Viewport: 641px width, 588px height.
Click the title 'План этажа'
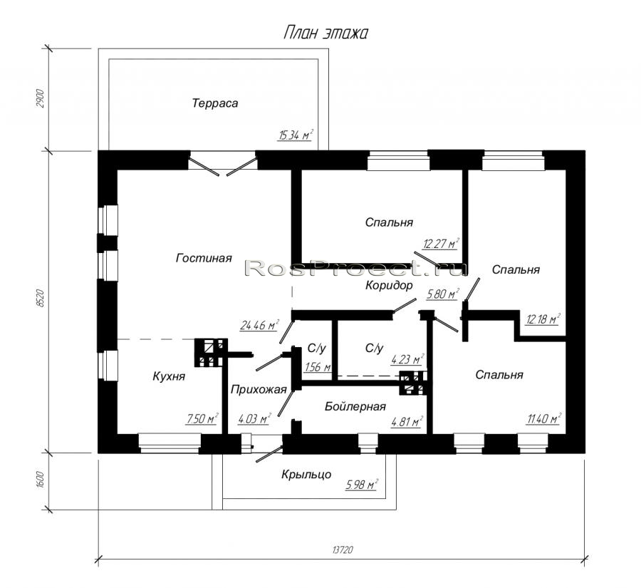(x=325, y=33)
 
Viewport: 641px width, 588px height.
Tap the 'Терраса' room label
(x=215, y=103)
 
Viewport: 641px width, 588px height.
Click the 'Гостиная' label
(x=204, y=258)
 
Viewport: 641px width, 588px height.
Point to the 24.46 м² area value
(x=259, y=325)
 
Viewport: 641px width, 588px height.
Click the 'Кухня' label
(x=169, y=376)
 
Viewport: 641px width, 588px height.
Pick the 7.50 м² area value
(x=202, y=418)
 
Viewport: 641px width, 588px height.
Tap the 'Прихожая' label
(x=259, y=390)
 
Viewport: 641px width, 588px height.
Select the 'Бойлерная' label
(x=355, y=406)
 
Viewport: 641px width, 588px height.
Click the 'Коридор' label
(x=389, y=285)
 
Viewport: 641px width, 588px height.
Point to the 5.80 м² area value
(x=443, y=294)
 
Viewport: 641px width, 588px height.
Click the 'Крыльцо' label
(x=306, y=475)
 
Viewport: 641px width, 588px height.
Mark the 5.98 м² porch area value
(x=362, y=485)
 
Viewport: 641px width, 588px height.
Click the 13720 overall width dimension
(x=343, y=550)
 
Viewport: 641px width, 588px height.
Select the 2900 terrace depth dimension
(x=40, y=98)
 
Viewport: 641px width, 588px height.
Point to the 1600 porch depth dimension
(x=40, y=479)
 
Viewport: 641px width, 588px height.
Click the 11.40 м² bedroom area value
(x=543, y=418)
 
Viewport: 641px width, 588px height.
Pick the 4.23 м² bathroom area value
(x=407, y=359)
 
